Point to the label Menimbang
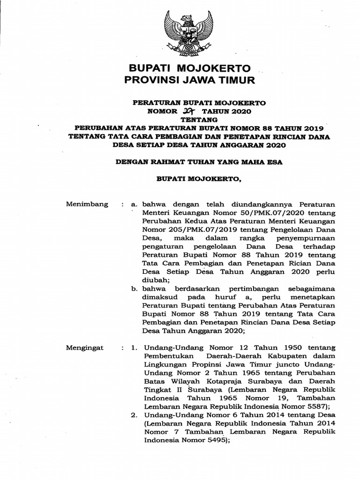click(87, 204)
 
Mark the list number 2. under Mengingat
click(135, 415)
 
